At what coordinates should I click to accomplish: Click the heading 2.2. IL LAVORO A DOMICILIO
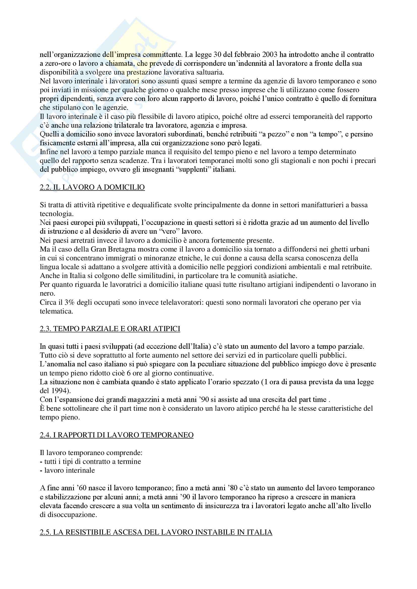click(x=92, y=187)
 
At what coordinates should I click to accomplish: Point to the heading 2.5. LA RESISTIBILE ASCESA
click(x=156, y=532)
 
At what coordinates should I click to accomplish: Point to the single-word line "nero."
click(x=47, y=293)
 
